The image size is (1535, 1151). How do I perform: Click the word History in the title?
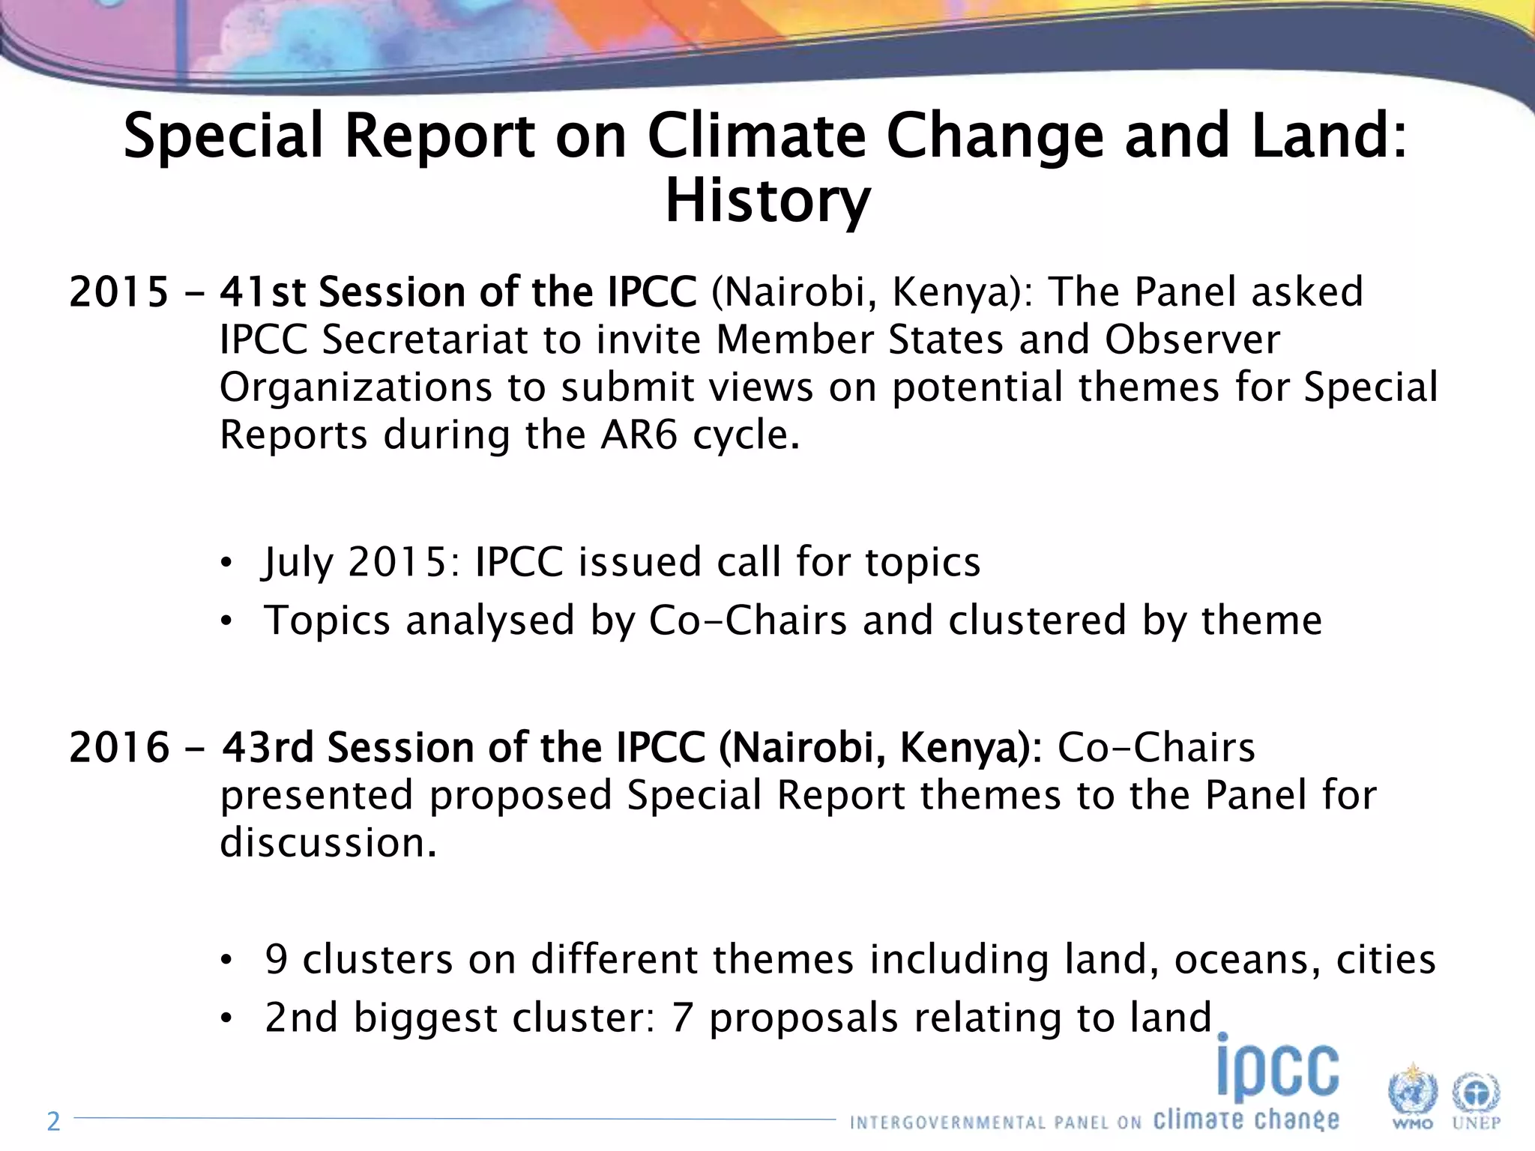[x=767, y=201]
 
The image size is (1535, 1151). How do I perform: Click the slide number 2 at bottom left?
[x=53, y=1121]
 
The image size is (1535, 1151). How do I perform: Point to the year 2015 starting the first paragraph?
[x=119, y=291]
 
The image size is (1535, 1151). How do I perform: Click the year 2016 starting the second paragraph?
[x=119, y=747]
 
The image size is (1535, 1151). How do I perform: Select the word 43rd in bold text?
[x=268, y=747]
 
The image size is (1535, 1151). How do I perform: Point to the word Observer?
[x=1192, y=339]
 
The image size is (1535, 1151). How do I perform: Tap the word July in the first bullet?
[x=298, y=562]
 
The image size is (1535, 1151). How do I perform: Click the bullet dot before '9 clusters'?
[x=227, y=960]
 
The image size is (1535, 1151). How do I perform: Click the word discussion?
[x=328, y=842]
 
